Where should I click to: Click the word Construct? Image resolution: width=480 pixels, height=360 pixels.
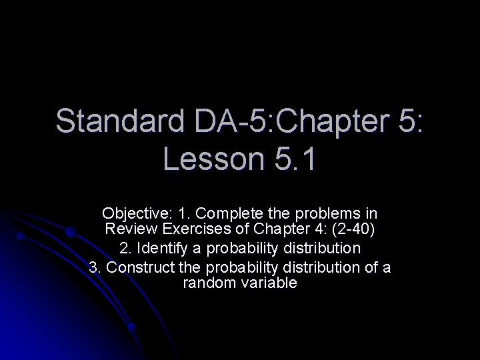click(140, 267)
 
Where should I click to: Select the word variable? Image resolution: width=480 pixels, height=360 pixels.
click(268, 283)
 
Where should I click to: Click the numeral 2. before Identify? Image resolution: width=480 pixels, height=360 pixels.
click(124, 249)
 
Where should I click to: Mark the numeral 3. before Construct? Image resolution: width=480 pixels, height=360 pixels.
click(94, 267)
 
